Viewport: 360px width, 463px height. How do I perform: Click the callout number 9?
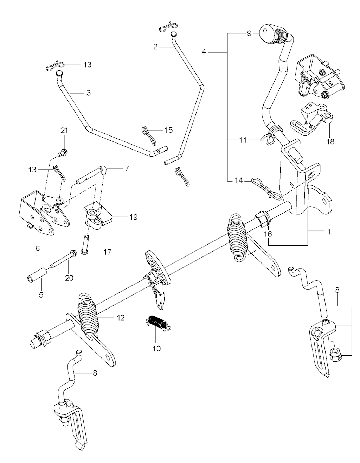[249, 33]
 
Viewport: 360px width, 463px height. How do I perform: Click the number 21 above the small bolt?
[64, 131]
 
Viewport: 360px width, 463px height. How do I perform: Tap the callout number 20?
[69, 278]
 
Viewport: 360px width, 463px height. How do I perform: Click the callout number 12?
[121, 318]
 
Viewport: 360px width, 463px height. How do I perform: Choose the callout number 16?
[269, 234]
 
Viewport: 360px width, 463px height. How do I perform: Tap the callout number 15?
[168, 130]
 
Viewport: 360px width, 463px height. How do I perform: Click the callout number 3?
[88, 93]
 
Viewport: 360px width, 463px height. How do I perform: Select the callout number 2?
[155, 47]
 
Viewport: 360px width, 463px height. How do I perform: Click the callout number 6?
[38, 248]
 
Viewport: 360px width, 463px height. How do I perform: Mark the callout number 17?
[107, 252]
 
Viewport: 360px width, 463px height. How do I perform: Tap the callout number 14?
[238, 180]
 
